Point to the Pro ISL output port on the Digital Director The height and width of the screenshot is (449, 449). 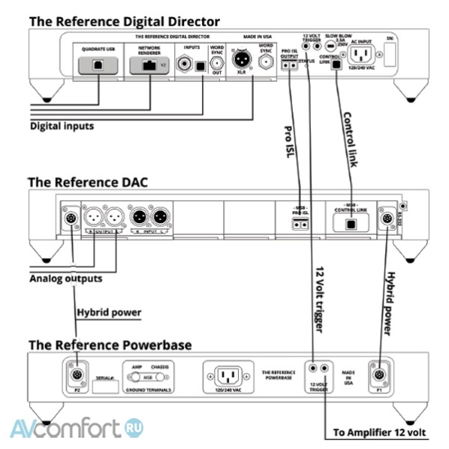[x=290, y=66]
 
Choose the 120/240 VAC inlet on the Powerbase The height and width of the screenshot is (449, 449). [x=227, y=375]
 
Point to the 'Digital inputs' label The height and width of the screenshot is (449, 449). [x=62, y=126]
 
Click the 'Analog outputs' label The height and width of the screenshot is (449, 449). [x=65, y=279]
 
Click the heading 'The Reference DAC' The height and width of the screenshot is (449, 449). [x=89, y=182]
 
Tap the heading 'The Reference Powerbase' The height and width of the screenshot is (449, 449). [x=110, y=345]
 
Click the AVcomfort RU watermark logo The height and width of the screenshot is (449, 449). [x=75, y=429]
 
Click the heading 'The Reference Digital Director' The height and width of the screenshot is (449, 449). [x=124, y=21]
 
